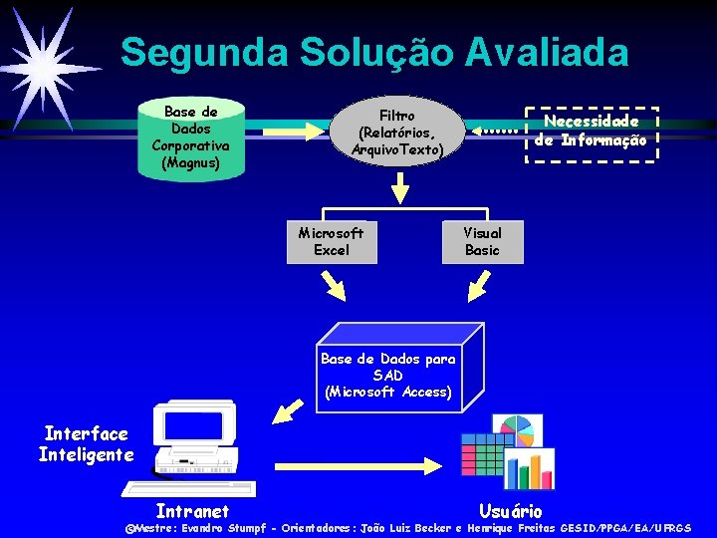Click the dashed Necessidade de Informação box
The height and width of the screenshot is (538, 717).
tap(591, 133)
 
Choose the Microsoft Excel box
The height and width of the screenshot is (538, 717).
tap(331, 242)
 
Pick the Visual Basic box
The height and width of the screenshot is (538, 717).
tap(482, 242)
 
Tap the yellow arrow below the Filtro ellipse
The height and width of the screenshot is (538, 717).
tap(399, 185)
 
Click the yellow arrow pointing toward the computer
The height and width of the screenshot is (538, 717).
tap(290, 408)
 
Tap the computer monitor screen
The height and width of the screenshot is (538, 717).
tap(193, 426)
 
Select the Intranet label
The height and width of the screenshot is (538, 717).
tap(192, 511)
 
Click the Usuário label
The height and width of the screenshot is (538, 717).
tap(511, 511)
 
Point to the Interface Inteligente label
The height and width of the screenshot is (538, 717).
tap(86, 444)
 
